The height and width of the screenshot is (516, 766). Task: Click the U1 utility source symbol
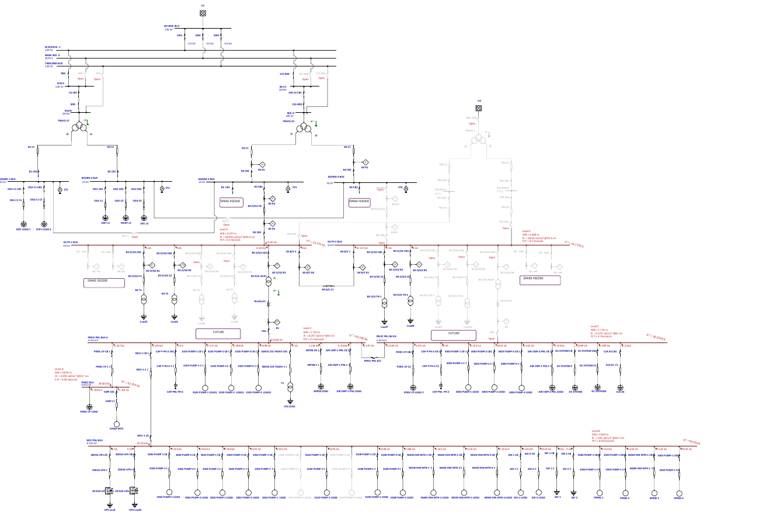tap(203, 13)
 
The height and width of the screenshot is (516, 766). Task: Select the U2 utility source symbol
tap(479, 108)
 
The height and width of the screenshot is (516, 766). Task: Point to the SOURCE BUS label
tap(172, 26)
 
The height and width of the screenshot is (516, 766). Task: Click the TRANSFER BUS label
tap(54, 63)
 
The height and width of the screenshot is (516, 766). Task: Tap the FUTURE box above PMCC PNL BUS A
tap(210, 333)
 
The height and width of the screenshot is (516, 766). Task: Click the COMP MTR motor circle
tap(116, 424)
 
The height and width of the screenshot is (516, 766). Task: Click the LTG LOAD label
tap(290, 406)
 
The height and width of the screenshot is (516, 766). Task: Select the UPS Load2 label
tap(135, 510)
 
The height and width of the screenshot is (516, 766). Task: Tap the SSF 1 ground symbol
tap(556, 492)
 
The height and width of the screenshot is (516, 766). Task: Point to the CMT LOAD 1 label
tap(23, 230)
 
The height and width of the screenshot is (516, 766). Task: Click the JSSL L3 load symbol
tap(143, 217)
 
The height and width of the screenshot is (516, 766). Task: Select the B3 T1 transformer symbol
tap(144, 299)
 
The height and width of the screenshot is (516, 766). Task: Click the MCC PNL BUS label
tap(95, 440)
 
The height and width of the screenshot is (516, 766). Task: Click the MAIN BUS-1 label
tap(53, 47)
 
